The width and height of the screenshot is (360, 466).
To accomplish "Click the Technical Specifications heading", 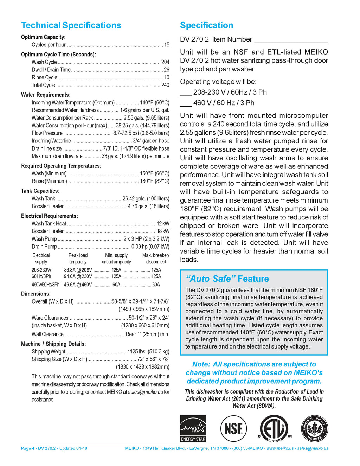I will tap(71, 25).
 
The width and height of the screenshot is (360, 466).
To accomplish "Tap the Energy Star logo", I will tap(193, 428).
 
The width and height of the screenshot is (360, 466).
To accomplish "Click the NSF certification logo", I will tap(233, 428).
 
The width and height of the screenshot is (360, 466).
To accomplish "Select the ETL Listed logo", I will tap(275, 428).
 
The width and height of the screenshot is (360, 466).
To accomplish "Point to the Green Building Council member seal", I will tap(315, 428).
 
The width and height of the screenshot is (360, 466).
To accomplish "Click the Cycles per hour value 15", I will tap(167, 45).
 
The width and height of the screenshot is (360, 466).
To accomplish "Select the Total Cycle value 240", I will tap(165, 85).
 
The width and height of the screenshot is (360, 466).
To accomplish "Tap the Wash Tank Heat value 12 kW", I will tap(163, 224).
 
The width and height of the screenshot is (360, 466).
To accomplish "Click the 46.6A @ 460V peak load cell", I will tap(78, 285).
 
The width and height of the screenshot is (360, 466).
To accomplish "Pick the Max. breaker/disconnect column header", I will tap(156, 258).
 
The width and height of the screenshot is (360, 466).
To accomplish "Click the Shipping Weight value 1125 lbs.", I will tap(148, 352).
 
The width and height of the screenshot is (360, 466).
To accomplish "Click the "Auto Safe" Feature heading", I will tap(227, 279).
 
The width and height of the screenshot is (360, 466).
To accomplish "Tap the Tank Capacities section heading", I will tap(40, 191).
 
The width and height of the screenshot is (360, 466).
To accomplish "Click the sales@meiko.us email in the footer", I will tap(313, 448).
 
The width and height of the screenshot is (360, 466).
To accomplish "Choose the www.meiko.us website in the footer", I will tap(280, 448).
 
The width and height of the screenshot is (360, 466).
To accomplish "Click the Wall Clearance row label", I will tap(47, 334).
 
